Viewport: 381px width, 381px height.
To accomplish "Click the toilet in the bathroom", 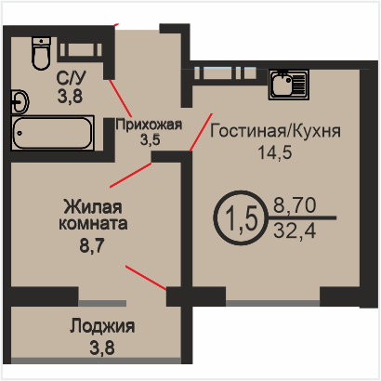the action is coord(41,53).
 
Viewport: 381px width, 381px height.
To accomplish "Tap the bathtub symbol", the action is coord(53,133).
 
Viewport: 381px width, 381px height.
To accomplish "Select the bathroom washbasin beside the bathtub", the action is coord(20,101).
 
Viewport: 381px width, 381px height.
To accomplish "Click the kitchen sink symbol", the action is coord(289,85).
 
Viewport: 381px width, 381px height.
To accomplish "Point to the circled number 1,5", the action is coord(241,217).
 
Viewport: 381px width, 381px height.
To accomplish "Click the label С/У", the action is coord(72,78).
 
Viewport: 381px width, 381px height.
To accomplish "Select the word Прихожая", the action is coord(149,125).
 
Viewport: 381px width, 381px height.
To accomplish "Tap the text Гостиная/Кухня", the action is coord(275,131).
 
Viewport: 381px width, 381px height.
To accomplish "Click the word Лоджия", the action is coord(102,326).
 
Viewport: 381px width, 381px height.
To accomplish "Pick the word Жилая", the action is coord(93,207).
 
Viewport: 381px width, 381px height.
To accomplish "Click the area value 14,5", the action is coord(275,152).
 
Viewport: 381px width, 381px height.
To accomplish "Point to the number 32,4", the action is coord(295,230).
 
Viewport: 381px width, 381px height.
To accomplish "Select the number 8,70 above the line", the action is coord(295,205).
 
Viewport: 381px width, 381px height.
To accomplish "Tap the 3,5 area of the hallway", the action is coord(151,139).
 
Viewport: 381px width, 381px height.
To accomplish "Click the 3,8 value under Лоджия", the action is coord(102,348).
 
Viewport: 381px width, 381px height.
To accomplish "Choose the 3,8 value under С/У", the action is coord(71,96).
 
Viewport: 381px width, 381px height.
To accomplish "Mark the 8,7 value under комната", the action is coord(92,246).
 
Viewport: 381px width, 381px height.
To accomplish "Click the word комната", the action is coord(93,223).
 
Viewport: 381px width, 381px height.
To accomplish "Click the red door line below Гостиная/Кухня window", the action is coord(202,132).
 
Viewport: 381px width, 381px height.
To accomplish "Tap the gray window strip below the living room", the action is coord(272,303).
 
